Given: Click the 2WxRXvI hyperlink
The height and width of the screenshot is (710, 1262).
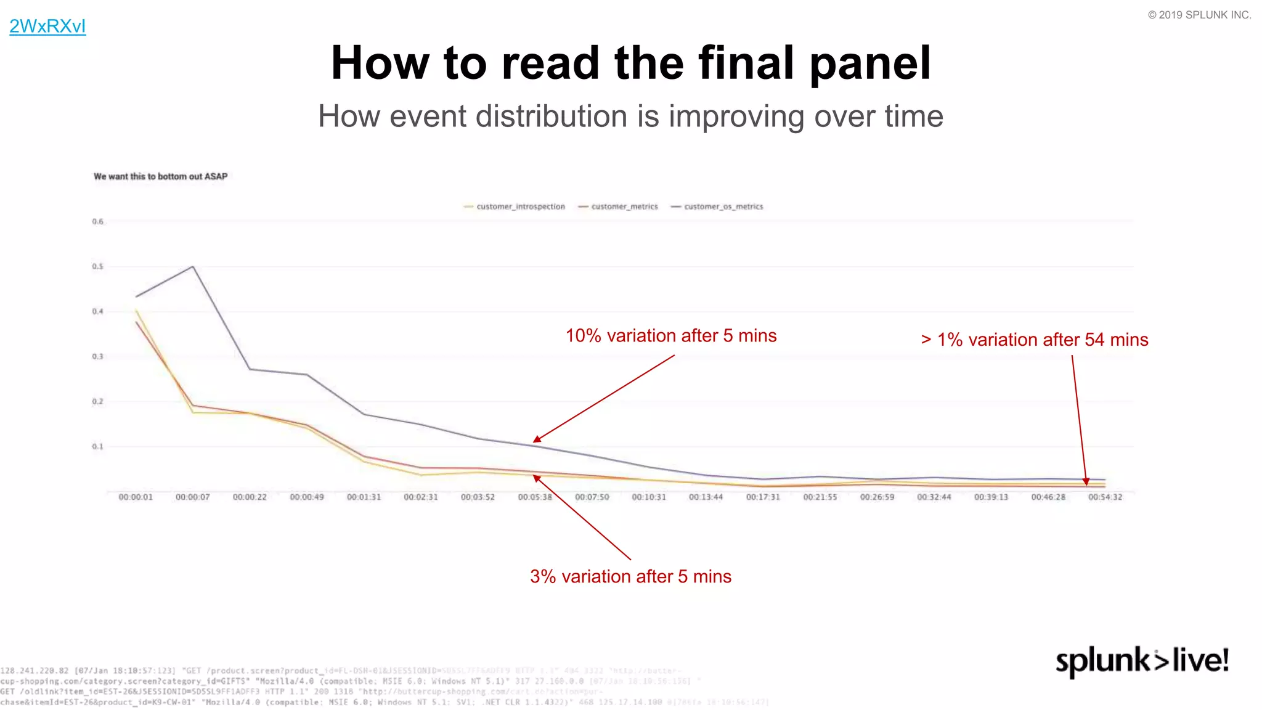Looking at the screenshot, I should point(47,27).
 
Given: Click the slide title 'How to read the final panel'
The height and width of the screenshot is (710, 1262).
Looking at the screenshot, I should point(630,63).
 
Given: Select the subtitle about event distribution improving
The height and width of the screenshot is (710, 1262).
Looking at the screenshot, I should point(630,116).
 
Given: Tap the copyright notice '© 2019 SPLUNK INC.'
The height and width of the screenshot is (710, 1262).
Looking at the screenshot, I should point(1199,15).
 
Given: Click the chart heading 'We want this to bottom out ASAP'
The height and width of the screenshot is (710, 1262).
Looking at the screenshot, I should point(160,176).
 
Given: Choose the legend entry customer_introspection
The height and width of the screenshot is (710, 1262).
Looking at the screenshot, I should point(520,206).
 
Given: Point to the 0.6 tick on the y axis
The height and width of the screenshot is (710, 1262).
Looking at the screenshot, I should point(98,222).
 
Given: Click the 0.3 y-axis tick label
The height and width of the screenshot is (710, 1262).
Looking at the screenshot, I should point(98,357).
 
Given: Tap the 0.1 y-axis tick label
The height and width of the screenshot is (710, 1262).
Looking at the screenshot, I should point(98,447).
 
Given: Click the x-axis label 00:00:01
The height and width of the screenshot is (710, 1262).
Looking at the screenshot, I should point(136,497).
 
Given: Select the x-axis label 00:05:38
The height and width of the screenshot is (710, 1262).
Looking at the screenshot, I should point(535,497).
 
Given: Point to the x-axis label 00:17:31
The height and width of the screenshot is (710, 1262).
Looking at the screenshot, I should point(763,497).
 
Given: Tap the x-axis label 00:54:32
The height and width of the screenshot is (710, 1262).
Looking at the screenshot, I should point(1105,497).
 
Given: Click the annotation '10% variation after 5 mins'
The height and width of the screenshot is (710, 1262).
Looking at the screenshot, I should point(671,336).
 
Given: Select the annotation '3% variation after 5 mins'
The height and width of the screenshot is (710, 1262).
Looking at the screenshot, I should point(630,577).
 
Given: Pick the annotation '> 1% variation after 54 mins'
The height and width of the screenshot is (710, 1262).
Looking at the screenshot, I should point(1035,340).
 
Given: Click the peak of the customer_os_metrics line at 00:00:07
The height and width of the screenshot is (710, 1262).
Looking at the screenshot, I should point(193,266).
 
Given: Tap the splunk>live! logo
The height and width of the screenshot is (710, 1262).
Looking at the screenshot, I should point(1142,661).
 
